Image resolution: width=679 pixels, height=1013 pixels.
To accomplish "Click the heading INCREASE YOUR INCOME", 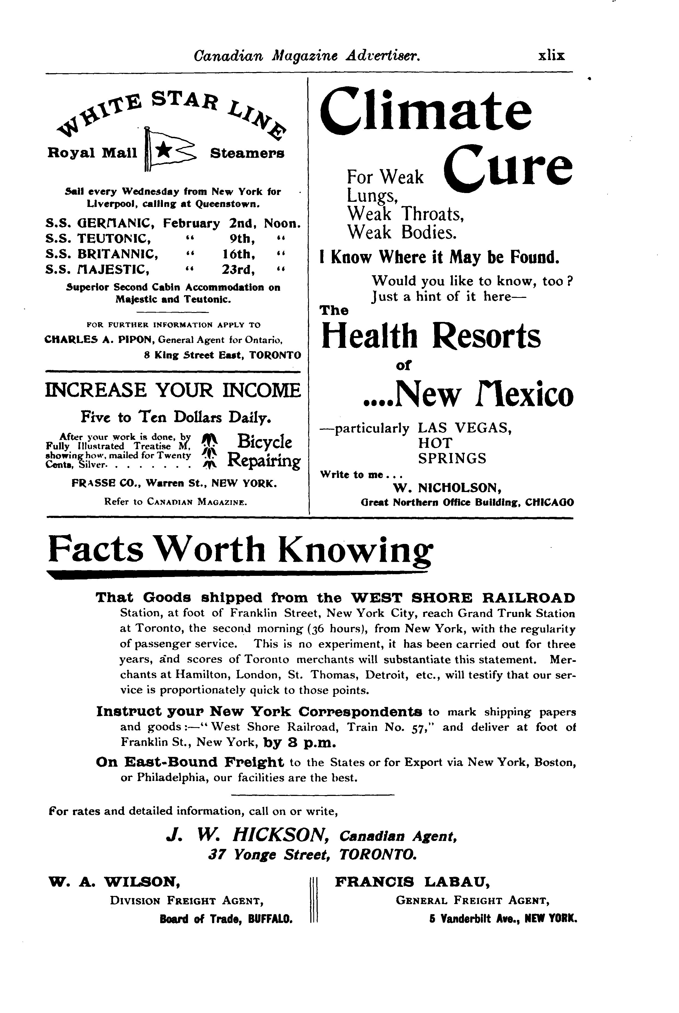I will [x=173, y=390].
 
